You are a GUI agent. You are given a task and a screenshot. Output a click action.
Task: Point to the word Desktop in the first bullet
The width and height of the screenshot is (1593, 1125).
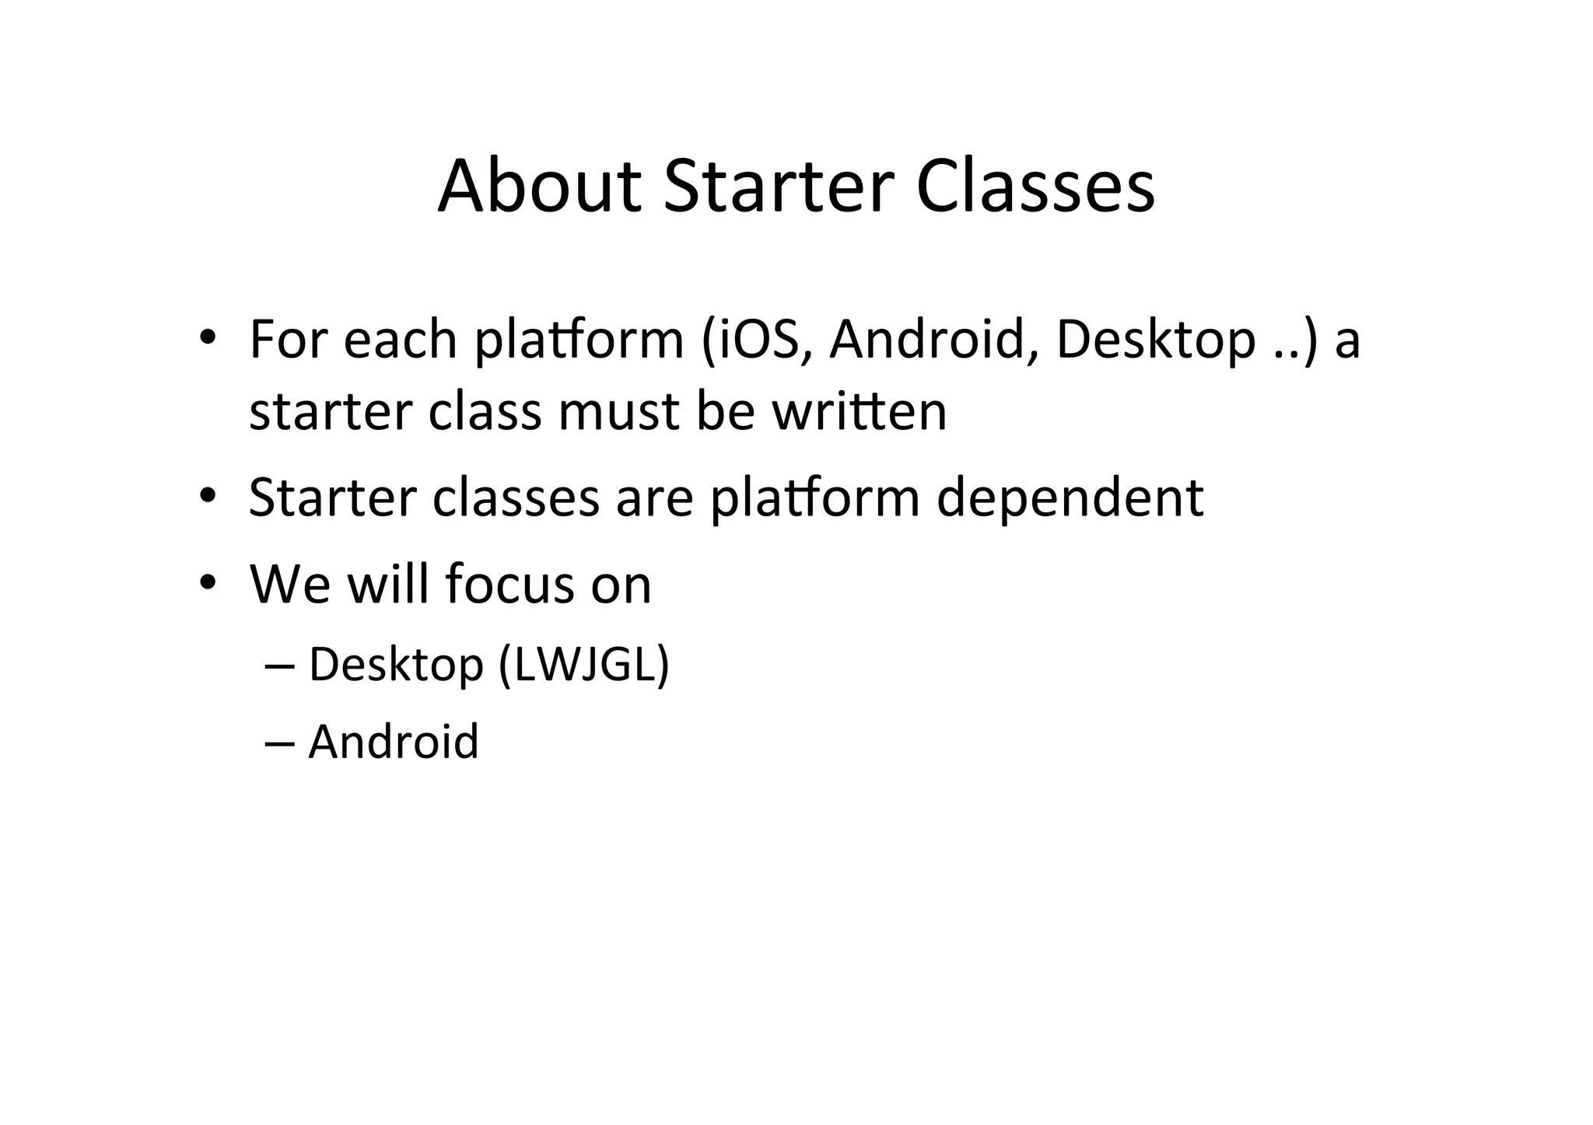1155,340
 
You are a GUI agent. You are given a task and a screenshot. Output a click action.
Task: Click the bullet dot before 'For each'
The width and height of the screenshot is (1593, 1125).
206,338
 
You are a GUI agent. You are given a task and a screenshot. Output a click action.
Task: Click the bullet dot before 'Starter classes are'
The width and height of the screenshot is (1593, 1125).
206,496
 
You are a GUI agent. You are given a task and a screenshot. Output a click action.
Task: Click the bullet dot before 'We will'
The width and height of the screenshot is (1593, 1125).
206,582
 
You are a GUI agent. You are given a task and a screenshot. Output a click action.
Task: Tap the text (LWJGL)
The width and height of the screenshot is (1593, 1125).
583,665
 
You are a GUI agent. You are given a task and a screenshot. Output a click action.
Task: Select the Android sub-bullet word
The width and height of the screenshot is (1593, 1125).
393,741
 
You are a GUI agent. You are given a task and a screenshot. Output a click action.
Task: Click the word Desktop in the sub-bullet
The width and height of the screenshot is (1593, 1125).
396,665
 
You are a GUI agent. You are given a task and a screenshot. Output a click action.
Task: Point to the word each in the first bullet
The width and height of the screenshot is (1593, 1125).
400,340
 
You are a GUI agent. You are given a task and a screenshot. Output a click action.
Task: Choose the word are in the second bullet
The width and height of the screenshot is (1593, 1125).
654,498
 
